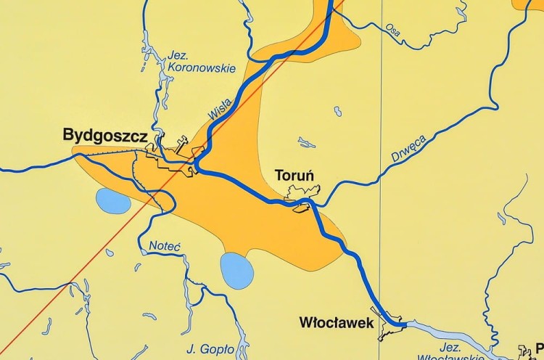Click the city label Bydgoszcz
click(105, 136)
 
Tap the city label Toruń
click(294, 176)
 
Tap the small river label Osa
click(393, 30)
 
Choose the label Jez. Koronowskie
click(202, 61)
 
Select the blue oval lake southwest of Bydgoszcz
click(113, 201)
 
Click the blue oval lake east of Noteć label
click(236, 271)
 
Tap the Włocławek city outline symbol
click(392, 328)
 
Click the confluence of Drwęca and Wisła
click(313, 206)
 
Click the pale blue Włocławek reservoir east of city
click(450, 335)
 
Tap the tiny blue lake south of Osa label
click(338, 111)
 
